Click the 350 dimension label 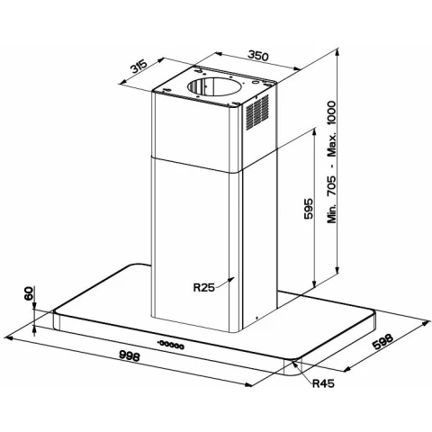pyautogui.click(x=258, y=56)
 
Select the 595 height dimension pyautogui.click(x=308, y=208)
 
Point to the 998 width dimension pyautogui.click(x=130, y=355)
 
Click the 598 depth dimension pyautogui.click(x=382, y=342)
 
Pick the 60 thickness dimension pyautogui.click(x=29, y=293)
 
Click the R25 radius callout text pyautogui.click(x=204, y=288)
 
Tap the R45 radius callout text pyautogui.click(x=323, y=383)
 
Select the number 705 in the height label pyautogui.click(x=331, y=186)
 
